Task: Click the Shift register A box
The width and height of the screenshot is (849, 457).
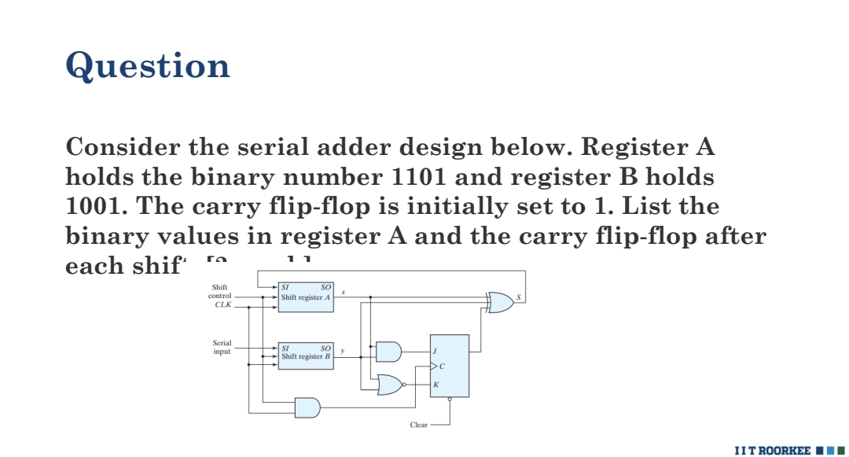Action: tap(306, 297)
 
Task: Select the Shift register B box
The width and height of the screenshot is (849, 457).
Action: tap(306, 356)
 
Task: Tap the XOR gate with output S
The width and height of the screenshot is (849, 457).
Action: tap(500, 302)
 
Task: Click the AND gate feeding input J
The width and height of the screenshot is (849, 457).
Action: tap(388, 351)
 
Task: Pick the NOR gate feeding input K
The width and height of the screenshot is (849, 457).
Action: tap(388, 385)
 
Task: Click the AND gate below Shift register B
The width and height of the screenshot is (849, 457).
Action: tap(307, 407)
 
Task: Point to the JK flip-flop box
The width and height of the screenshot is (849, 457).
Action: tap(449, 366)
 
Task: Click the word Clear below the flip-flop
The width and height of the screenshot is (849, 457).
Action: tap(419, 425)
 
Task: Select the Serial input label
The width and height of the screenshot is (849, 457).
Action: tap(222, 348)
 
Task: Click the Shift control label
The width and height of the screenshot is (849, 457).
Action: tap(220, 292)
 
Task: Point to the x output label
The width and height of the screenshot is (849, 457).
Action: tap(343, 293)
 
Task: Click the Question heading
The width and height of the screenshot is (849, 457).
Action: tap(148, 65)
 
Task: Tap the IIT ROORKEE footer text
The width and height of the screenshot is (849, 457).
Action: tap(771, 450)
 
